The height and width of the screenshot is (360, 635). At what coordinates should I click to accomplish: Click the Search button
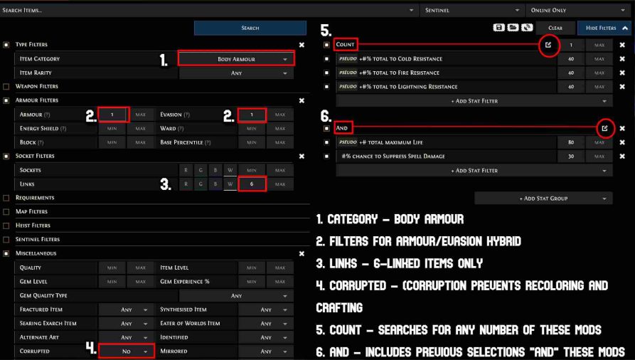(250, 28)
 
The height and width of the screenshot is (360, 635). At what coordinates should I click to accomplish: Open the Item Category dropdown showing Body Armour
(236, 59)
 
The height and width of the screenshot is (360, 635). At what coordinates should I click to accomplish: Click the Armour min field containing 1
(112, 115)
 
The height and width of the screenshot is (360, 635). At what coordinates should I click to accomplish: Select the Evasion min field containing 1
(252, 115)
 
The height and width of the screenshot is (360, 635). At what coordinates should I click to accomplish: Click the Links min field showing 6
(252, 184)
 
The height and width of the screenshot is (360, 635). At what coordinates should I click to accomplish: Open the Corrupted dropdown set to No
(126, 351)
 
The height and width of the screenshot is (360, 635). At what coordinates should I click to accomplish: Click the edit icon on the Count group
(548, 45)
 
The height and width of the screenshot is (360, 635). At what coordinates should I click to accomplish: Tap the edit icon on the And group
(604, 129)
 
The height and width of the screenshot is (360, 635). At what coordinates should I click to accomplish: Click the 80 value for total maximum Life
(571, 142)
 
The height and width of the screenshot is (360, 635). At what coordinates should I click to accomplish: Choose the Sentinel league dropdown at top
(471, 11)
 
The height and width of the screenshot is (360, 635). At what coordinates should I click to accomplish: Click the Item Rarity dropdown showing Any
(236, 73)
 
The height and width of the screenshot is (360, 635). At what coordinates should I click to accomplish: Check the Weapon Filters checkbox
(6, 86)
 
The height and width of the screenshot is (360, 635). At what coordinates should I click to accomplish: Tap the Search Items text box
(206, 11)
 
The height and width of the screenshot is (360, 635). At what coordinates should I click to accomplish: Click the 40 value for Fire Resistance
(571, 73)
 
